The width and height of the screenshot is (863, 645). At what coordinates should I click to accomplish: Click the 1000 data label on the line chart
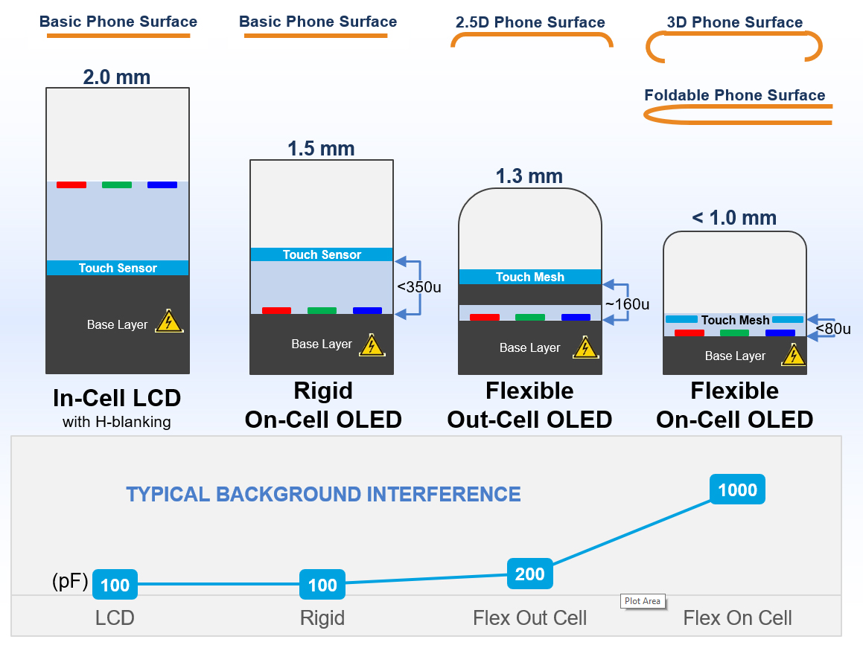pos(737,490)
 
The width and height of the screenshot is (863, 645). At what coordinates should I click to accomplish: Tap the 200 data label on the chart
pos(529,574)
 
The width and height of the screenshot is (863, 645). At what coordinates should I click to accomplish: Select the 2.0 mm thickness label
pos(117,77)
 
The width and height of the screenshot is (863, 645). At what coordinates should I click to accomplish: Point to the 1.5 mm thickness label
pos(322,149)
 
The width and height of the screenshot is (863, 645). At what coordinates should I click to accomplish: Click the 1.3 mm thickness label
pos(529,176)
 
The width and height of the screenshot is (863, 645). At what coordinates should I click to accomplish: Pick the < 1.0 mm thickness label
pos(734,218)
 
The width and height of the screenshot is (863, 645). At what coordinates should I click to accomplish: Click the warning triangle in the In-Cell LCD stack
pos(169,321)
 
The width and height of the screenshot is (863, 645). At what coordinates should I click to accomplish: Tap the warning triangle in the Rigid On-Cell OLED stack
pos(372,344)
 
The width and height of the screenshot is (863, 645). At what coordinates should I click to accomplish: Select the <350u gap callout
pos(418,287)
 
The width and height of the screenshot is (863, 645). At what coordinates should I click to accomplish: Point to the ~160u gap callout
pos(628,304)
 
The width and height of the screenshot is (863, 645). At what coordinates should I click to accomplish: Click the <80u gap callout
pos(833,329)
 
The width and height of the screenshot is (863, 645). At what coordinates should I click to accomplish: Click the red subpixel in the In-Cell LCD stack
pos(71,185)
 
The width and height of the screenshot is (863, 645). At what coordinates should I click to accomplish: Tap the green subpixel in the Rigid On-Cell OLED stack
pos(322,311)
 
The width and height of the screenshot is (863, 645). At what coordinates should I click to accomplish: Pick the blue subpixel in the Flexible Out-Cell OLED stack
pos(576,317)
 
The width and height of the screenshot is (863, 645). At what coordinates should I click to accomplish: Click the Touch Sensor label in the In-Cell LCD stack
pos(118,269)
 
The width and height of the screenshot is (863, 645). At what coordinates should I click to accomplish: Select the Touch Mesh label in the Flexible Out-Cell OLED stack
pos(530,277)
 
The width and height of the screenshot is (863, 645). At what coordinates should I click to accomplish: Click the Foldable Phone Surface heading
pos(735,95)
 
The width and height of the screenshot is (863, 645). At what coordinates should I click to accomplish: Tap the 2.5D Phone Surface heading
pos(530,22)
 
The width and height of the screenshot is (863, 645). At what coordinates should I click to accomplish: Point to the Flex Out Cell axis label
pos(530,618)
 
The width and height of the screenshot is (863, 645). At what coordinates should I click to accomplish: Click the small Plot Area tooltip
pos(643,601)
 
